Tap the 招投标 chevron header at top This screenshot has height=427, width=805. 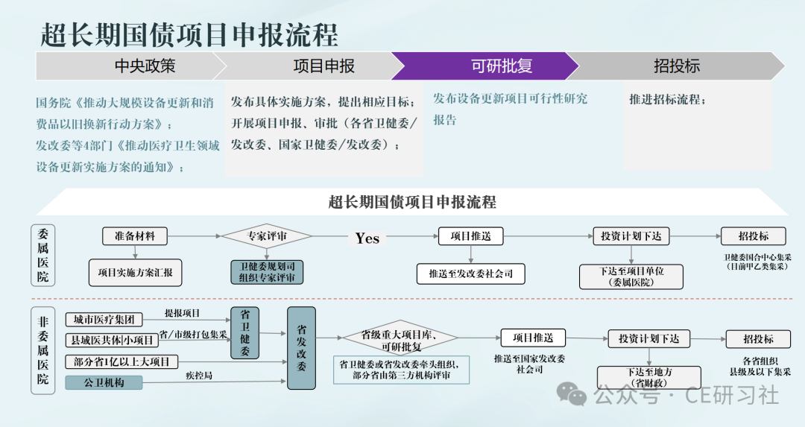(677, 66)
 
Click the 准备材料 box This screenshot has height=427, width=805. (134, 236)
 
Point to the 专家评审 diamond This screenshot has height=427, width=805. (267, 236)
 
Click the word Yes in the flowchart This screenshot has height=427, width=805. (367, 238)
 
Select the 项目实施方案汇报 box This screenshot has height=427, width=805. (135, 273)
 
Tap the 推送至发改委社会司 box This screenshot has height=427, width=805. (470, 273)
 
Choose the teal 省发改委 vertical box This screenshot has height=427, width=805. (301, 348)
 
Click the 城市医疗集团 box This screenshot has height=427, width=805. (104, 320)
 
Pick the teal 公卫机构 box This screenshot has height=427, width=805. (104, 383)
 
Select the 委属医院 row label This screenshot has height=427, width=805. (44, 255)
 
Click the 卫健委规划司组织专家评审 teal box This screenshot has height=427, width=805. (267, 272)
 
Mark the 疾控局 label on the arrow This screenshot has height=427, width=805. (199, 376)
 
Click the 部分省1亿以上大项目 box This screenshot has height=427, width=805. (121, 362)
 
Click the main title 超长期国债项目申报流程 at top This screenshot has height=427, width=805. (189, 35)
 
